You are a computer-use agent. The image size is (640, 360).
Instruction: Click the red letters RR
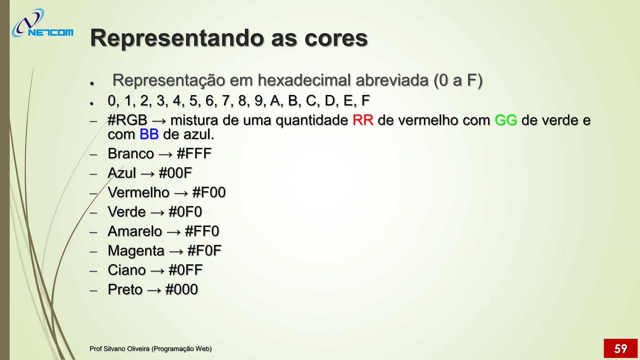(x=363, y=120)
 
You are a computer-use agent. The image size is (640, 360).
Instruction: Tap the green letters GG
(x=506, y=120)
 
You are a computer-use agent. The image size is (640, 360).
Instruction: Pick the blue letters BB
(x=149, y=134)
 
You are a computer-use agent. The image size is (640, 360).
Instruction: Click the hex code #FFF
(x=194, y=154)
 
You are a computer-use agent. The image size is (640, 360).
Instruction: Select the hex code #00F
(x=175, y=173)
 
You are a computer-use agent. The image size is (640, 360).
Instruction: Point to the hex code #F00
(x=209, y=192)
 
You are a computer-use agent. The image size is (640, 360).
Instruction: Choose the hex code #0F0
(x=185, y=212)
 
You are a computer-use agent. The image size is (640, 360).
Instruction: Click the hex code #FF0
(x=202, y=232)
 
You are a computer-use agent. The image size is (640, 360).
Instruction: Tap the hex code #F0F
(x=204, y=251)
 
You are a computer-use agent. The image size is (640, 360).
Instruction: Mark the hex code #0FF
(x=185, y=270)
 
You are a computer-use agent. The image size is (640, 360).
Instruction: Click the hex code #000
(x=182, y=290)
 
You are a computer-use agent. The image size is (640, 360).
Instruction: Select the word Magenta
(x=136, y=251)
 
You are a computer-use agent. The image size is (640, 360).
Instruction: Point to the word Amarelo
(x=135, y=232)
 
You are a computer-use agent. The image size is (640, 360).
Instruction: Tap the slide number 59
(x=620, y=348)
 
